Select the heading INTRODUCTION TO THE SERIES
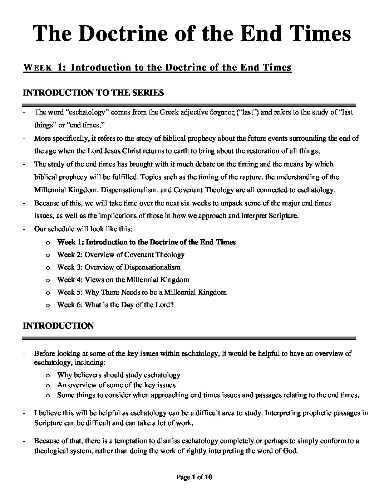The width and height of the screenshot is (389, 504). pyautogui.click(x=93, y=93)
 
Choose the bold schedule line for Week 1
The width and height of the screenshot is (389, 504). pyautogui.click(x=146, y=242)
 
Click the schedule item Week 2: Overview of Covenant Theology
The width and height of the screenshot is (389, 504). pyautogui.click(x=121, y=255)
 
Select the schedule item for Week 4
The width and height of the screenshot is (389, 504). pyautogui.click(x=123, y=280)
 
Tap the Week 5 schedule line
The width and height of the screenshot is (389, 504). pyautogui.click(x=142, y=292)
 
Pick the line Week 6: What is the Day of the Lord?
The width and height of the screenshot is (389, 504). pyautogui.click(x=115, y=305)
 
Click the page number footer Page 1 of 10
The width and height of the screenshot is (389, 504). pyautogui.click(x=194, y=477)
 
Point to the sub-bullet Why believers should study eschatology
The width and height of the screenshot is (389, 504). pyautogui.click(x=118, y=375)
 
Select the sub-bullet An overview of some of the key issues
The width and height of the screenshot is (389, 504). pyautogui.click(x=116, y=385)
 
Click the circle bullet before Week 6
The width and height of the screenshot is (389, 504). pyautogui.click(x=48, y=305)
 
